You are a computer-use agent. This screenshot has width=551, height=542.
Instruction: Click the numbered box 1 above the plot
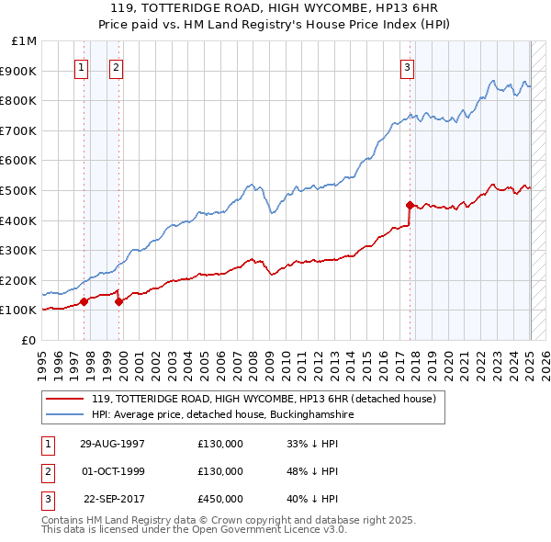click(82, 66)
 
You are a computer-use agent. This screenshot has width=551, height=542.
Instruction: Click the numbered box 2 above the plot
click(117, 66)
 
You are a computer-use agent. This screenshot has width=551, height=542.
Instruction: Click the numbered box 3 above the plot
click(407, 66)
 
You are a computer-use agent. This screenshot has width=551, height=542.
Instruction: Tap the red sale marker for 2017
click(410, 205)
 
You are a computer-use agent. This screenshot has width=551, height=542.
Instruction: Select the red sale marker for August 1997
click(84, 300)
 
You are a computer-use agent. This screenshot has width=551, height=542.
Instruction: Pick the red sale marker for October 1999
click(118, 300)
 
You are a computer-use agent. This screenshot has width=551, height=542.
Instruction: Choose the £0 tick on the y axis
click(30, 340)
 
